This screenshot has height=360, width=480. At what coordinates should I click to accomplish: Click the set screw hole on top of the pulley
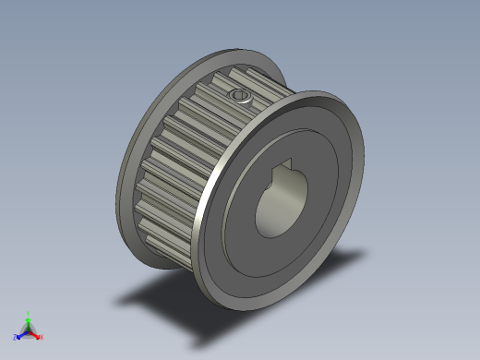pos(240,95)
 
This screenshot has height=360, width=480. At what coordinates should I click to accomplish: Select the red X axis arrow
pos(36,334)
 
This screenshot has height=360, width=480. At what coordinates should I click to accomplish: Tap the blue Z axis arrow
pos(20,334)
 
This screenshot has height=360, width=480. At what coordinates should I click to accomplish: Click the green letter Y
pos(28,314)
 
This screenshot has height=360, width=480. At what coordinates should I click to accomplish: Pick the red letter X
pos(42,338)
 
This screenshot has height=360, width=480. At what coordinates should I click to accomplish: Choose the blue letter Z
pos(15,338)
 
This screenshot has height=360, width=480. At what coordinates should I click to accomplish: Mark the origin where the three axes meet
pos(28,330)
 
